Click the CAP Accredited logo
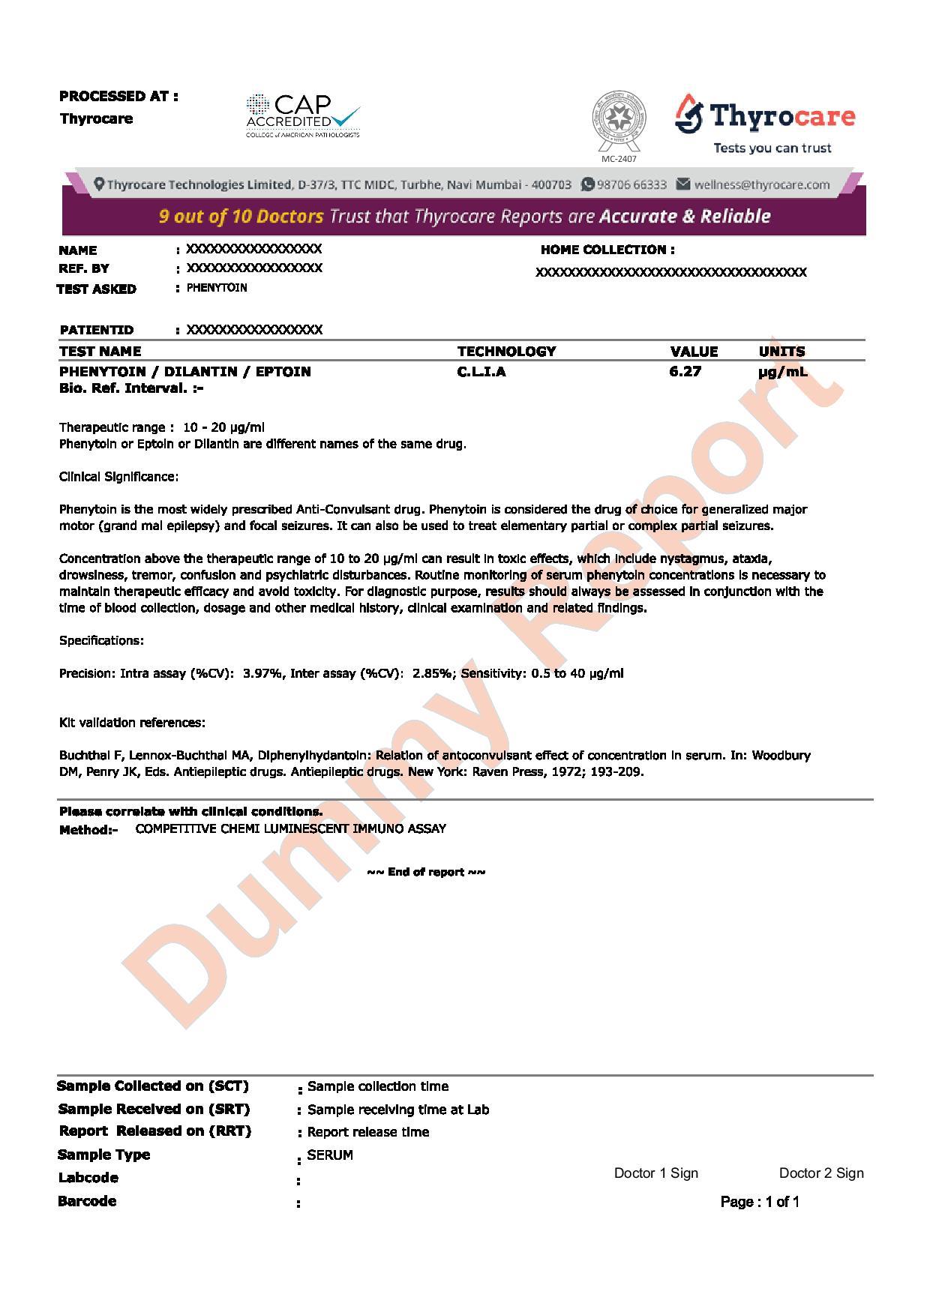302,116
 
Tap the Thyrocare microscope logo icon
689,114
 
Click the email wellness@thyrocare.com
761,184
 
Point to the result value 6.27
685,371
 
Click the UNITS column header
781,351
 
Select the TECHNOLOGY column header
506,351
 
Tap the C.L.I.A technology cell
481,371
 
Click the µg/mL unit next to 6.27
783,371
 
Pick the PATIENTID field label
96,330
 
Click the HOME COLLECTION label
607,250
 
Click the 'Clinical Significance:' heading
118,477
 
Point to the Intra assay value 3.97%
262,673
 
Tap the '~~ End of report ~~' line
426,872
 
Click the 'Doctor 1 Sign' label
655,1173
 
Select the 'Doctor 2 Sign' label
821,1173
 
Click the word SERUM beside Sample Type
330,1155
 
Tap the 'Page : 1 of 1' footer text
760,1202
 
